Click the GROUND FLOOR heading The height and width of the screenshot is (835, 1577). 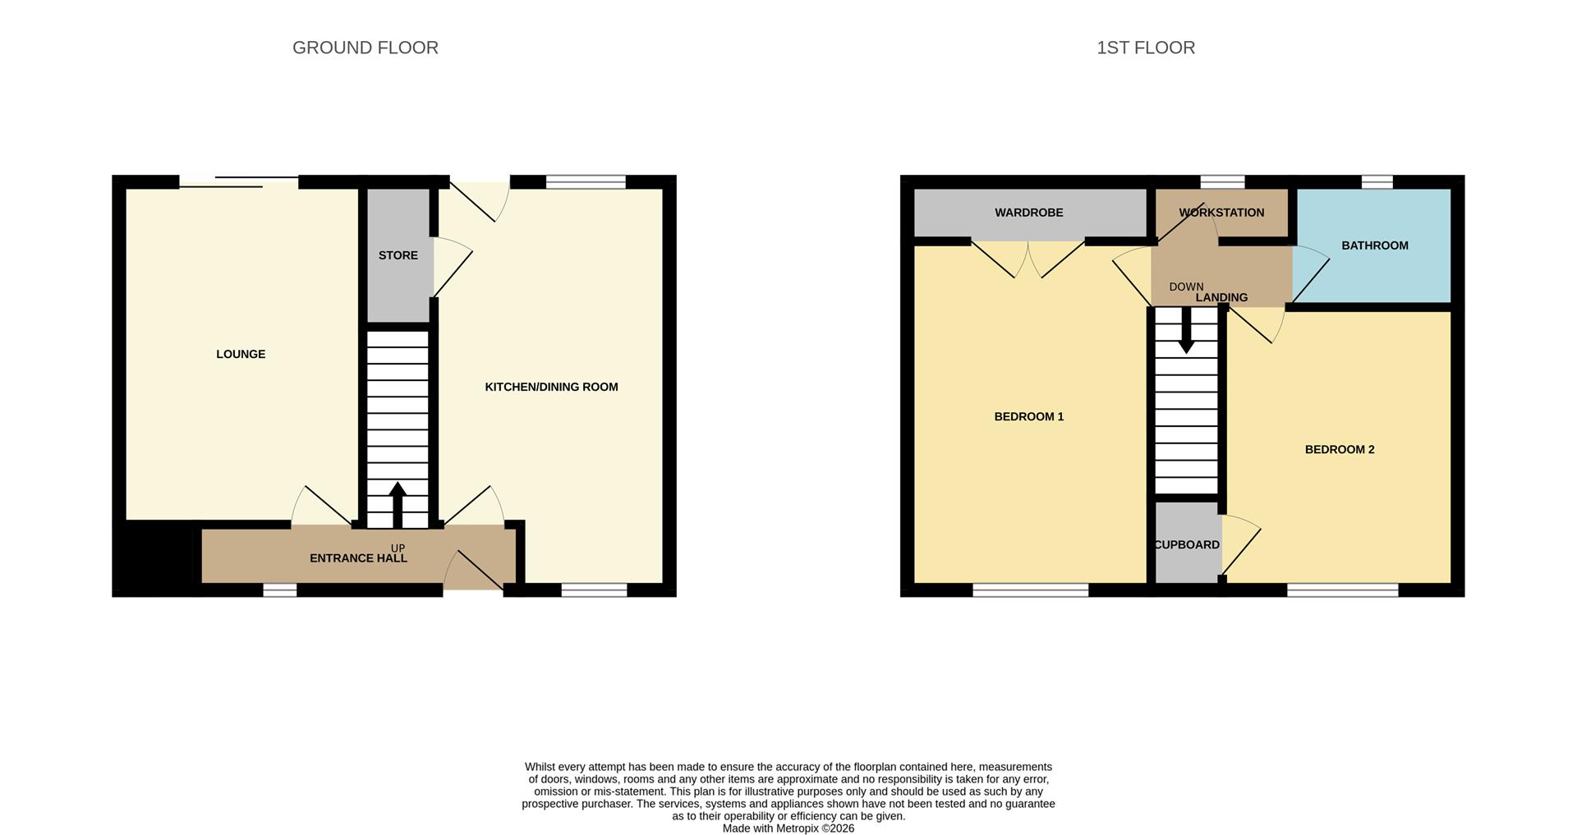tap(365, 48)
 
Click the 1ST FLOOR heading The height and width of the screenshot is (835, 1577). tap(1145, 48)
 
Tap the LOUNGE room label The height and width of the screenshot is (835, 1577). tap(241, 354)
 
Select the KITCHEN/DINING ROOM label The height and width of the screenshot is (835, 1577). tap(551, 387)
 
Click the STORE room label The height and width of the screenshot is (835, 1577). tap(398, 255)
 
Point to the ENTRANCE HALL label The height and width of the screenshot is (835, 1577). tap(358, 558)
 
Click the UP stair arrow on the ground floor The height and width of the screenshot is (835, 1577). tap(398, 503)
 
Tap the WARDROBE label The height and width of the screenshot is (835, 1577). tap(1028, 213)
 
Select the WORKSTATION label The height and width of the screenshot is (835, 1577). tap(1221, 213)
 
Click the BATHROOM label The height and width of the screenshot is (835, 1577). tap(1374, 245)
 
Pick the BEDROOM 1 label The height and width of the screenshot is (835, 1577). tap(1028, 416)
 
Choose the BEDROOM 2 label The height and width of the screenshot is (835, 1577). tap(1339, 449)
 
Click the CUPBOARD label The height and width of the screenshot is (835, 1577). tap(1186, 544)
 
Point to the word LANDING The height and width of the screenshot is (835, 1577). tap(1221, 297)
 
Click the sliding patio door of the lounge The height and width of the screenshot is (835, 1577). tap(238, 182)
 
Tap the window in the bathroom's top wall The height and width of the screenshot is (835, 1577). tap(1377, 181)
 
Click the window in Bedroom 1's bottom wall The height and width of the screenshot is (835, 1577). tap(1030, 590)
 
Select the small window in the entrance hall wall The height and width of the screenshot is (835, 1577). tap(279, 590)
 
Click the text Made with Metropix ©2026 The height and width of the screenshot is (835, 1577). tap(788, 828)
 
